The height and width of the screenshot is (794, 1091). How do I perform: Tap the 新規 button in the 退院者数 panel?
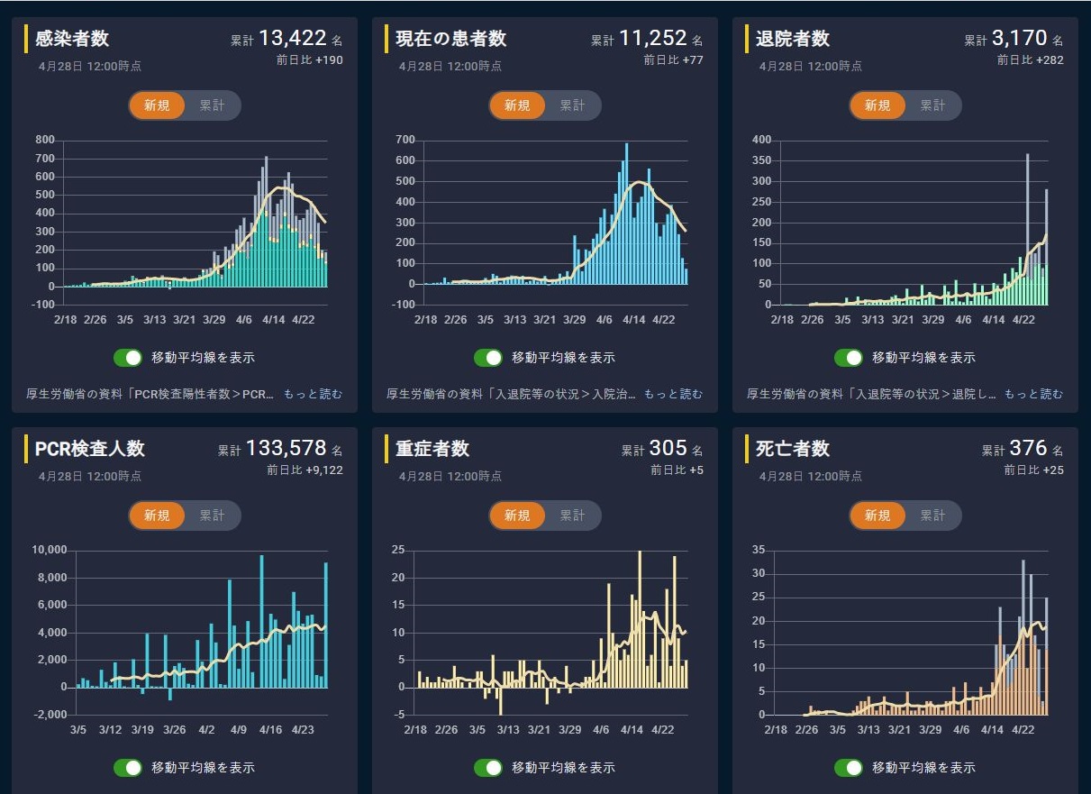click(x=877, y=105)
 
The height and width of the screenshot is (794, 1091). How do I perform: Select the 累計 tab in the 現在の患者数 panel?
click(x=572, y=105)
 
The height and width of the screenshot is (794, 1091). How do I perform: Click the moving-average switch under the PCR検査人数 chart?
click(x=128, y=767)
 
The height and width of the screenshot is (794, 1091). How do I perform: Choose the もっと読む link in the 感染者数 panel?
click(x=313, y=394)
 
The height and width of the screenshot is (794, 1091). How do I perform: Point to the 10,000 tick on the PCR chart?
click(x=48, y=551)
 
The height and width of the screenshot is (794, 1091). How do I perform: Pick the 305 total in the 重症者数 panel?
click(x=668, y=448)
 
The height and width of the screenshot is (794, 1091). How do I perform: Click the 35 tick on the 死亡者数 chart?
click(x=757, y=550)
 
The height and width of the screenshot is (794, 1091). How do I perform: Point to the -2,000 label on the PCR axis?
click(x=46, y=715)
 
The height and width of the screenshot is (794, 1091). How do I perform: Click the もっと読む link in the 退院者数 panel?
click(x=1033, y=394)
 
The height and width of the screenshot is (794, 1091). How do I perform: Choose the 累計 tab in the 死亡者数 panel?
click(x=932, y=516)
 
